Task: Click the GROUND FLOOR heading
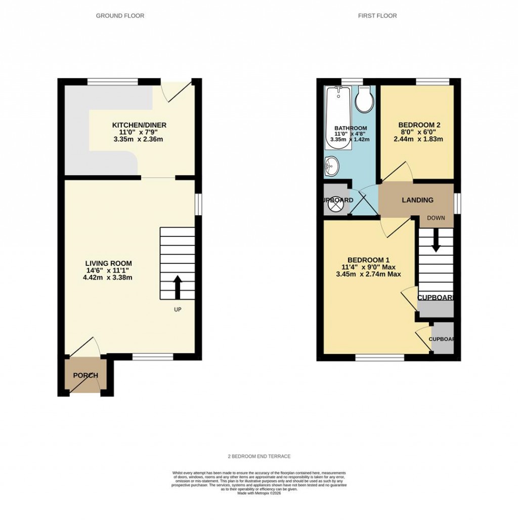[x=120, y=16]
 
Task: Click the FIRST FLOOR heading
[x=377, y=16]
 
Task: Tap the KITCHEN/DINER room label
[x=139, y=125]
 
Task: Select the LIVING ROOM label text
[x=108, y=263]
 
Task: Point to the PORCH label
[x=85, y=375]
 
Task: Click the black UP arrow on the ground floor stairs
[x=178, y=287]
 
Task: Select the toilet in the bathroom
[x=364, y=100]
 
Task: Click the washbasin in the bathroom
[x=331, y=166]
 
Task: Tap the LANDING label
[x=417, y=200]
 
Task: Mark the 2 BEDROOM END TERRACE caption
[x=259, y=456]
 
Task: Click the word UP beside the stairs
[x=178, y=309]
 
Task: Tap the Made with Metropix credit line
[x=259, y=493]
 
